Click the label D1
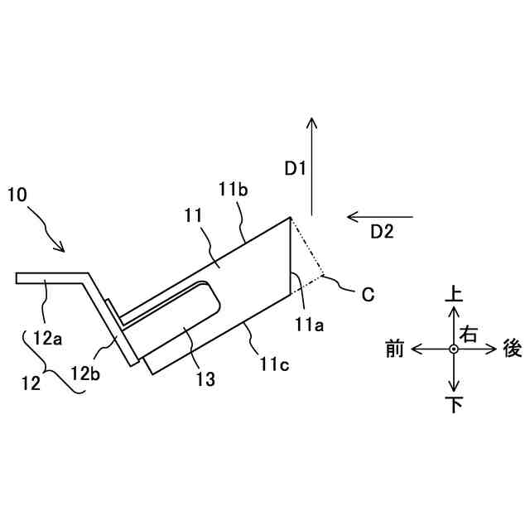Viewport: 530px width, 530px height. pyautogui.click(x=296, y=169)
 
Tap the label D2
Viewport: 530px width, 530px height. pyautogui.click(x=382, y=232)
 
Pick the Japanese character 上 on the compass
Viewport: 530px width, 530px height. pyautogui.click(x=454, y=294)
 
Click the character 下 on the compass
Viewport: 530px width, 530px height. pyautogui.click(x=454, y=405)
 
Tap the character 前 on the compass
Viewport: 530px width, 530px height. pyautogui.click(x=395, y=349)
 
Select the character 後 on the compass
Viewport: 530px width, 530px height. pyautogui.click(x=513, y=349)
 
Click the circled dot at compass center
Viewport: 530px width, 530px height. pyautogui.click(x=454, y=349)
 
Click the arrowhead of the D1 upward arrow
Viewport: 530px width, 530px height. pyautogui.click(x=312, y=121)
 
